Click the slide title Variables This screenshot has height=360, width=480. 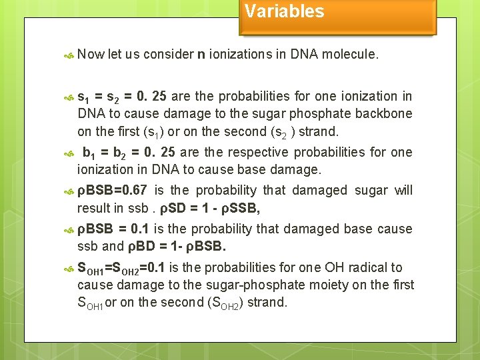click(284, 11)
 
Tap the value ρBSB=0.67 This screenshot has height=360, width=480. click(112, 191)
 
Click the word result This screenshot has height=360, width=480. click(95, 209)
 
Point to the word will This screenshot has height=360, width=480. click(403, 191)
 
